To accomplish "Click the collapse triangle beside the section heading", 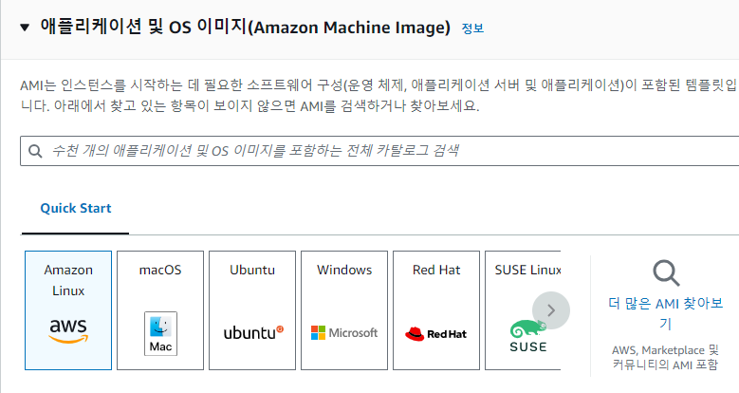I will click(x=25, y=27).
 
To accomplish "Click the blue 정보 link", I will click(x=472, y=28).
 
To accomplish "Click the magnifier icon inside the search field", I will click(x=36, y=151).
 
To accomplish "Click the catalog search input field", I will click(x=379, y=151).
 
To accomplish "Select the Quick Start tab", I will click(x=75, y=209).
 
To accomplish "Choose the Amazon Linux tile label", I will click(x=68, y=280).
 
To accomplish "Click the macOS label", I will click(x=159, y=271).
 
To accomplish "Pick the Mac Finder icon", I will click(x=159, y=333).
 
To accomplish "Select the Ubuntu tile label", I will click(x=252, y=271).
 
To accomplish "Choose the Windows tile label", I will click(x=344, y=271).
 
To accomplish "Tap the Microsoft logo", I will click(x=344, y=332).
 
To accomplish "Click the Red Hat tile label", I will click(x=436, y=271).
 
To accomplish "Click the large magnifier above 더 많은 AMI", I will click(x=666, y=273).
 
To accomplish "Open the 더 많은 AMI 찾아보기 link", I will click(x=665, y=313).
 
